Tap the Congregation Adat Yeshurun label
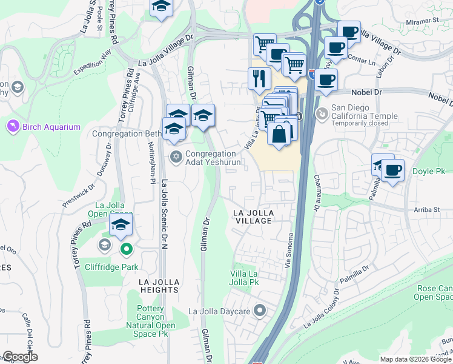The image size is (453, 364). pyautogui.click(x=213, y=158)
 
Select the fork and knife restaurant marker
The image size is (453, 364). pyautogui.click(x=259, y=78)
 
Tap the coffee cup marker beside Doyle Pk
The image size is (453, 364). pyautogui.click(x=392, y=170)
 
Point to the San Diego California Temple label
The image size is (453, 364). pyautogui.click(x=364, y=116)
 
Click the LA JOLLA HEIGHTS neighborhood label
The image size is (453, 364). pyautogui.click(x=159, y=286)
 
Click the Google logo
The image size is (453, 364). pyautogui.click(x=20, y=357)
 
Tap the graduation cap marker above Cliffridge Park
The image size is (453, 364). pyautogui.click(x=121, y=224)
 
